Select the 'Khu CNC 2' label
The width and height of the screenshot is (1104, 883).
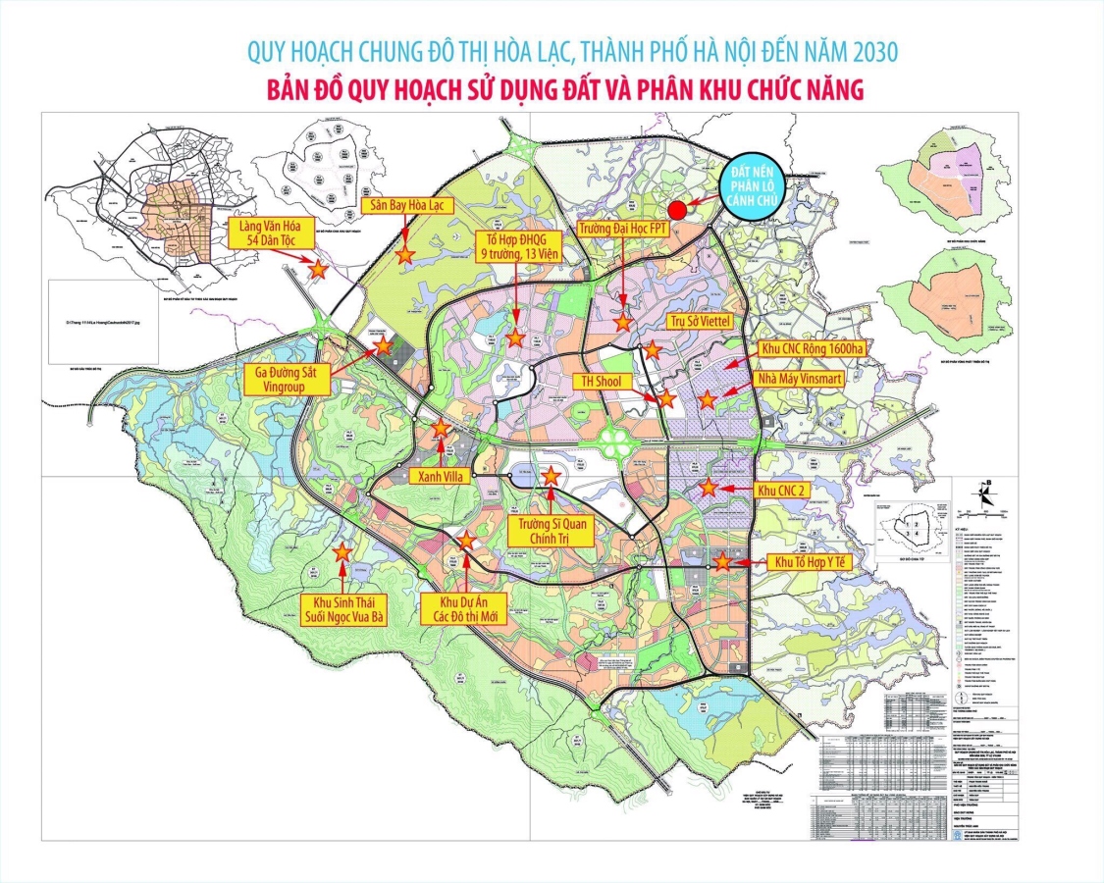[x=781, y=490]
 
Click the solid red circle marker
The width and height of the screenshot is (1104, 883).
[x=677, y=209]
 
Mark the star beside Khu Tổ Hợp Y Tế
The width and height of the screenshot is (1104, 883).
[x=722, y=563]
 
